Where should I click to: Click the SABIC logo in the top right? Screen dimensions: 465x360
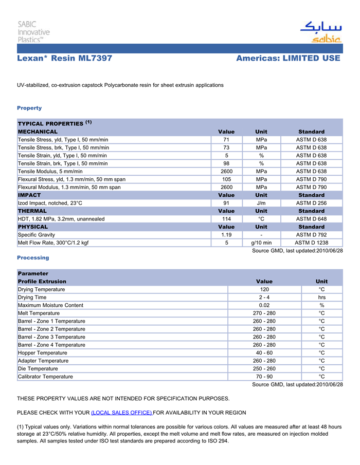[x=320, y=32]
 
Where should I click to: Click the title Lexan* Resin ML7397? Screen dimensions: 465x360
[x=65, y=59]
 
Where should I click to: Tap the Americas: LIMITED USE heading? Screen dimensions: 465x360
[x=288, y=59]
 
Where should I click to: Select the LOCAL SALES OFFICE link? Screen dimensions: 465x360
[x=121, y=413]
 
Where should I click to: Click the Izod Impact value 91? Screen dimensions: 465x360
[x=226, y=203]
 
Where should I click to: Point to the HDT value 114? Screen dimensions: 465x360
[x=226, y=219]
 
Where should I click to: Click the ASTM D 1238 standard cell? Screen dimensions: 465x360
[x=311, y=243]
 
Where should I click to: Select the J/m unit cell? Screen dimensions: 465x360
[x=261, y=203]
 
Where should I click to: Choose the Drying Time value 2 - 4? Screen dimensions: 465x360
[x=264, y=297]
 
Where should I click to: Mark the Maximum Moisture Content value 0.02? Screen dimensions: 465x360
[x=264, y=305]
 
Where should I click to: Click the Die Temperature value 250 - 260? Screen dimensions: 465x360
[x=264, y=369]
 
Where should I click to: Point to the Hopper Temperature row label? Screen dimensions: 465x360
[x=42, y=353]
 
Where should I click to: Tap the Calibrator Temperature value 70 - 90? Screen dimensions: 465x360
[x=264, y=377]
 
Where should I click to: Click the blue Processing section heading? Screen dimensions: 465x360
[x=33, y=258]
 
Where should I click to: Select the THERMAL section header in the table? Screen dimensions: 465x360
[x=32, y=211]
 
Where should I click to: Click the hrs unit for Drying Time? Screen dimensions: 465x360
[x=321, y=297]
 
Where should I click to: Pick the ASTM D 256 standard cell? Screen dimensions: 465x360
[x=311, y=203]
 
